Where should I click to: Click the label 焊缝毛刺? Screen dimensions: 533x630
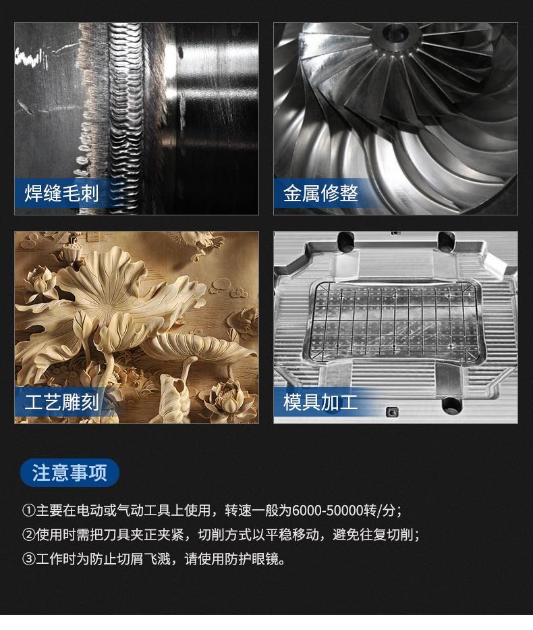(61, 193)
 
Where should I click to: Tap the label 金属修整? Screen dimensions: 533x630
(320, 193)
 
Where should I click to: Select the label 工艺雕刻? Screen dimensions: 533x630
(61, 402)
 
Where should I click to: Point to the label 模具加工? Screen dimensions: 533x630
(320, 402)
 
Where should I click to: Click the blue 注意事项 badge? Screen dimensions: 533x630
(69, 473)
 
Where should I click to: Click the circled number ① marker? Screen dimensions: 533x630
(28, 510)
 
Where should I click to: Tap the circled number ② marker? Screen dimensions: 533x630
(28, 534)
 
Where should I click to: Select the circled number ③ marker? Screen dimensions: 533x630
(28, 558)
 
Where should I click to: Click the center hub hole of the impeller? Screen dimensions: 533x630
(397, 32)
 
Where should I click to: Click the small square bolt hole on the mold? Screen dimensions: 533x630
(391, 411)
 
